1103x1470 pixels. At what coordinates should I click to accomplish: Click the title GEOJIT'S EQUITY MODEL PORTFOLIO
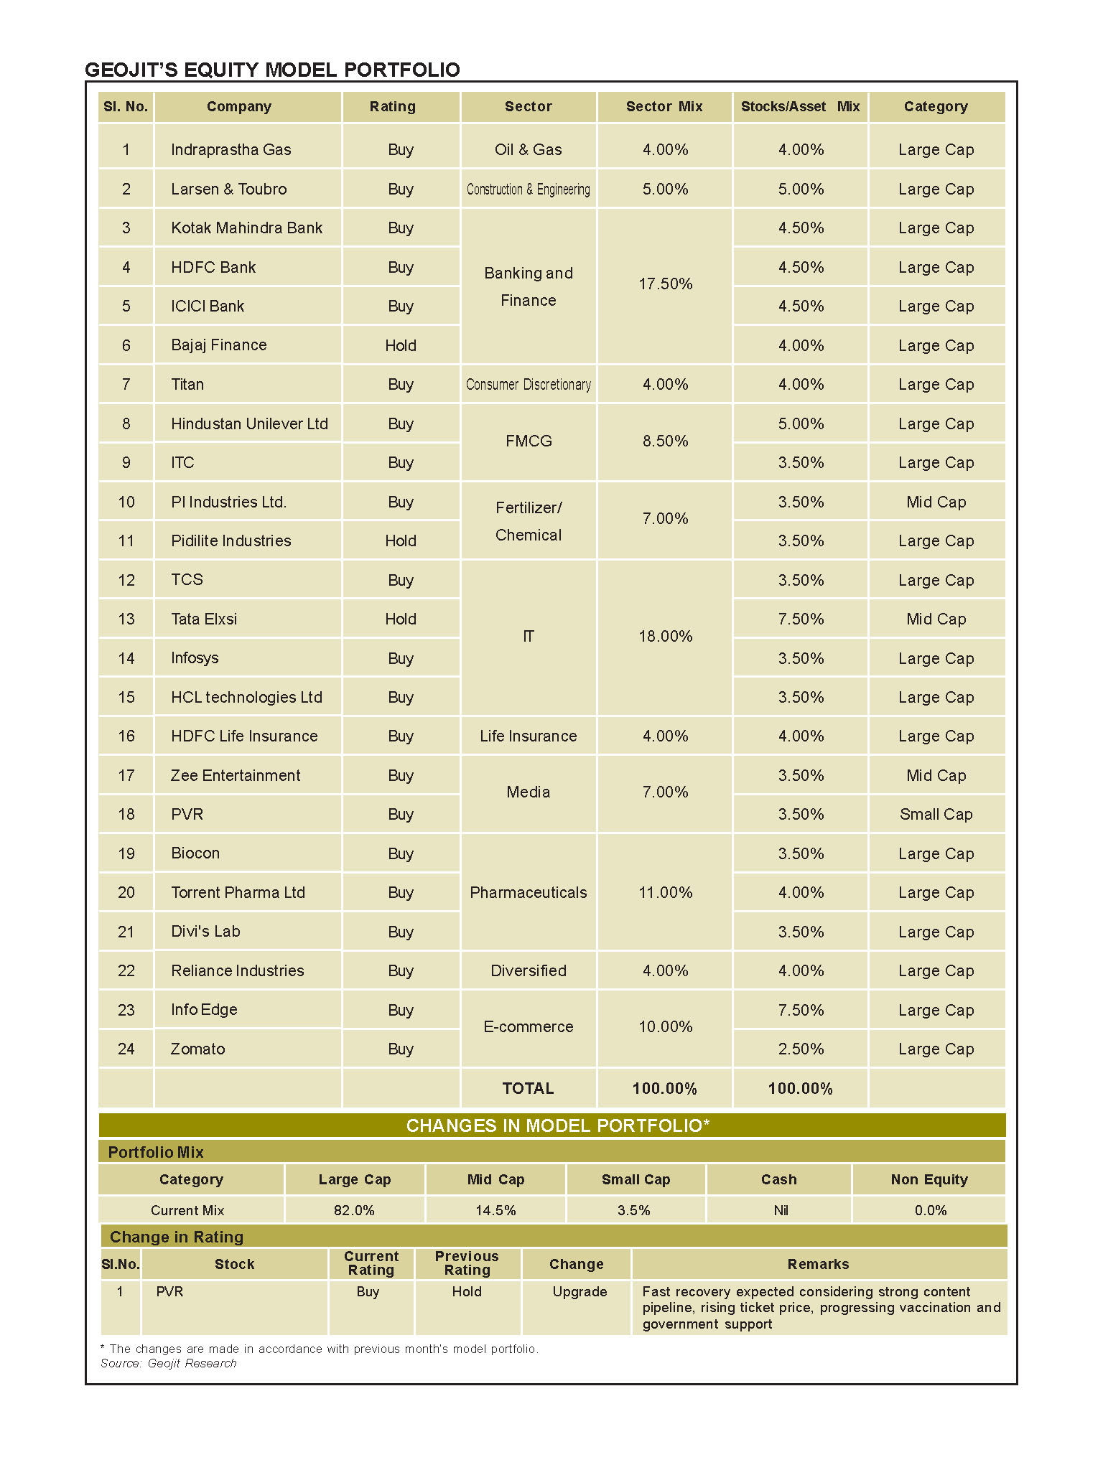pos(272,70)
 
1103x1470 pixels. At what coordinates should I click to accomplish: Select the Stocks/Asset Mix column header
pos(800,107)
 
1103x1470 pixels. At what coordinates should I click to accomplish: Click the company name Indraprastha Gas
pos(231,149)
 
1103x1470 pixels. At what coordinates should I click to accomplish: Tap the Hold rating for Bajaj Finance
pos(400,345)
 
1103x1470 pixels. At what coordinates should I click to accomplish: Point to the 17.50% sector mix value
pos(665,284)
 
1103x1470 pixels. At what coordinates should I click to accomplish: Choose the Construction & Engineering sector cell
pos(528,189)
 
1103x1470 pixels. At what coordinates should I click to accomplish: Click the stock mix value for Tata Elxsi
pos(801,619)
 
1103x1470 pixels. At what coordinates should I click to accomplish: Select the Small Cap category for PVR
pos(936,814)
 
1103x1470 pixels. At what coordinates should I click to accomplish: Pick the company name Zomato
pos(197,1049)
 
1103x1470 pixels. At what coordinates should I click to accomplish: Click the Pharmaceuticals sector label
pos(528,892)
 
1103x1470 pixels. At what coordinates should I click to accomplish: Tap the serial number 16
pos(126,736)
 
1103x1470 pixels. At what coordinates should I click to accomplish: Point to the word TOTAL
pos(528,1088)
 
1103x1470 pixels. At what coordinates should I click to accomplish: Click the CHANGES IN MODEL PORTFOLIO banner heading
pos(557,1125)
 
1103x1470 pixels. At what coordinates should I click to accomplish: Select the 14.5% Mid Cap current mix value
pos(495,1210)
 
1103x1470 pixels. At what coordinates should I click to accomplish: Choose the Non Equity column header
pos(929,1179)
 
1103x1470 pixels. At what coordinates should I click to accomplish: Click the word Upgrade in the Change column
pos(580,1291)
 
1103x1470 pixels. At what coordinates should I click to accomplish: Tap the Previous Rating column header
pos(467,1263)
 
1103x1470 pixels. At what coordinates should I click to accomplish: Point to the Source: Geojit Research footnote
pos(168,1363)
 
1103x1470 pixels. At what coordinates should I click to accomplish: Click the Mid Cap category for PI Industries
pos(936,502)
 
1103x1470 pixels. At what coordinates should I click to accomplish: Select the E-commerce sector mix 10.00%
pos(665,1026)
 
